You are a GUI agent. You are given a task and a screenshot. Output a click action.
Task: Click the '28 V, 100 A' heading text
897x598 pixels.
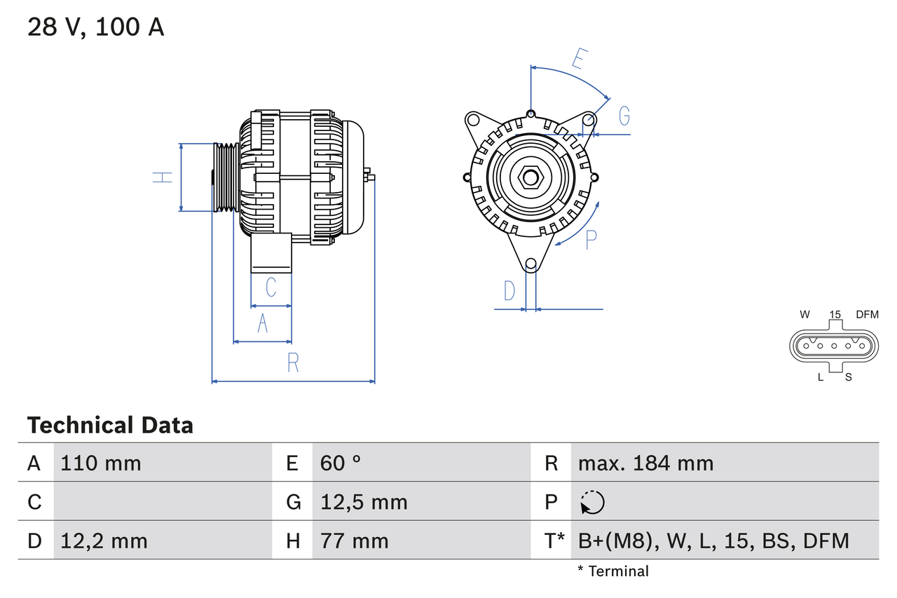96,27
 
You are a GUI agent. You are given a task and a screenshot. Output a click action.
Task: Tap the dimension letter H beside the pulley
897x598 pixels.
163,177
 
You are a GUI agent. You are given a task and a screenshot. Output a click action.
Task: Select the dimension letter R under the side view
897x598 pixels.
293,362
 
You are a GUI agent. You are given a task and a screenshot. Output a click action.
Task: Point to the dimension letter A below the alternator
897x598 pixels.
263,323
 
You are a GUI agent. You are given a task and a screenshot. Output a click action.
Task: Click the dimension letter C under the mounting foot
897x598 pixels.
271,287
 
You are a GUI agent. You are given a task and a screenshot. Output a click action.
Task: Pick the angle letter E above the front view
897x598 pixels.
577,59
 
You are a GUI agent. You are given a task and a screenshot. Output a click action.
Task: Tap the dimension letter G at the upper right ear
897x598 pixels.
624,115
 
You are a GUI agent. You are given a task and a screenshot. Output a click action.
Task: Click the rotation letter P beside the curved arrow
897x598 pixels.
591,239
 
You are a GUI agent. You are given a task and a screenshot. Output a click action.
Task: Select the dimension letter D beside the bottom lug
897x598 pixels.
509,290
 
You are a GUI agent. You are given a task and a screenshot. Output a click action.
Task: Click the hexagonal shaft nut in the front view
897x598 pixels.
530,177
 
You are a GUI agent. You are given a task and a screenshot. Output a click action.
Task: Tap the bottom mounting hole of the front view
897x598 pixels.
531,264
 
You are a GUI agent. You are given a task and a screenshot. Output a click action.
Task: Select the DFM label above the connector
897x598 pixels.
867,315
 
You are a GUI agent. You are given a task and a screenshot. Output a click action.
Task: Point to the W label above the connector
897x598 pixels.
805,315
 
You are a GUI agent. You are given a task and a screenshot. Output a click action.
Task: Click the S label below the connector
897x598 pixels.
848,377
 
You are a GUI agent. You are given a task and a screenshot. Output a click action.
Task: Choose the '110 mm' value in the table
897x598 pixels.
101,463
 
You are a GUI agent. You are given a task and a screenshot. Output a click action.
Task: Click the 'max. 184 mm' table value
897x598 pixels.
645,463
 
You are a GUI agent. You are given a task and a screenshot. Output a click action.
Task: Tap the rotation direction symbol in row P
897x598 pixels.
592,502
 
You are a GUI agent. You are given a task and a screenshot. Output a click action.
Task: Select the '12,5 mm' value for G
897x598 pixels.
363,502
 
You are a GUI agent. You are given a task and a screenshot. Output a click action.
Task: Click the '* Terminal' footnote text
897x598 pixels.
613,571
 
